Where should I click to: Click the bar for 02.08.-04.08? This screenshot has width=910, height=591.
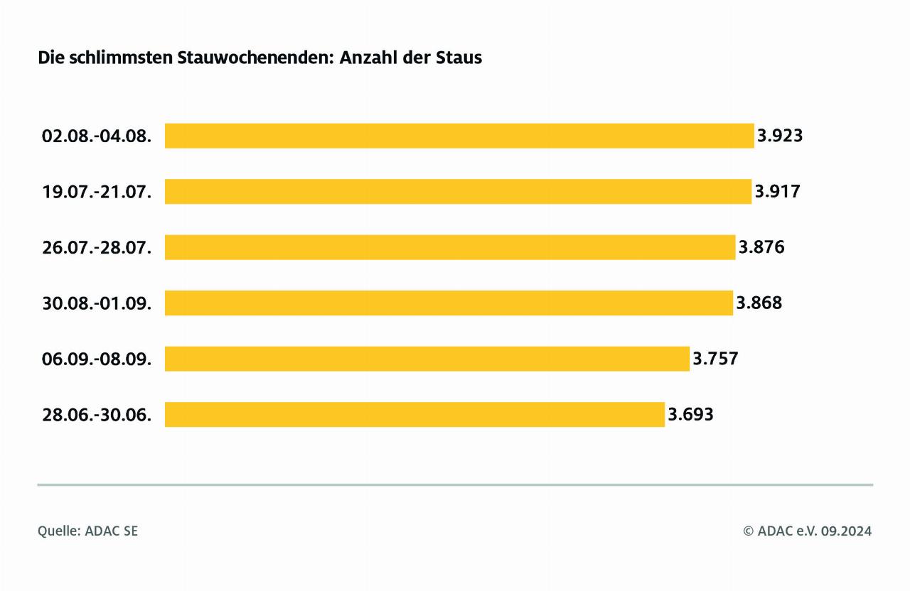tap(459, 136)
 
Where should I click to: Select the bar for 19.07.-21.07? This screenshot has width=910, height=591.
tap(458, 191)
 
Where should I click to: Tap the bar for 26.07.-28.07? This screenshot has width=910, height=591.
tap(449, 247)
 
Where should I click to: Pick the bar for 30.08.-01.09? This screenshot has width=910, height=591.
tap(449, 303)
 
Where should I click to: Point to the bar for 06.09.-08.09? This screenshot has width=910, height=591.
tap(427, 359)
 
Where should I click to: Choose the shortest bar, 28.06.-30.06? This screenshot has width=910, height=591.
tap(414, 414)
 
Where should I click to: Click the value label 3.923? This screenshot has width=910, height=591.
tap(780, 136)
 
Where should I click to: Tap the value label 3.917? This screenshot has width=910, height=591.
tap(777, 191)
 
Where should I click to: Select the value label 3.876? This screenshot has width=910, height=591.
tap(761, 247)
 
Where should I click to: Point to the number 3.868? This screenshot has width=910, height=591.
tap(759, 303)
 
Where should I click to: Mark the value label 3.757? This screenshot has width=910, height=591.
tap(715, 359)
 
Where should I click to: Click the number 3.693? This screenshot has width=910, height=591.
tap(690, 414)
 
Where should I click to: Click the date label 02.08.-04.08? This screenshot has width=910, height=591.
tap(97, 136)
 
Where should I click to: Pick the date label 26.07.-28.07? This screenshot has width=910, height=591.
tap(97, 247)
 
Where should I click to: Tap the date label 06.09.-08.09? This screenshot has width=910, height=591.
tap(97, 359)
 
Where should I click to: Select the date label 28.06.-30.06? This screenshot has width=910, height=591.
tap(97, 414)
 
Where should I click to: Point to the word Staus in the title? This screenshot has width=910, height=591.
tap(461, 58)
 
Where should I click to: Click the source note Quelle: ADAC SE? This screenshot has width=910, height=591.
tap(87, 531)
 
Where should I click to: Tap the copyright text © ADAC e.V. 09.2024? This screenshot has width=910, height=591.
tap(807, 531)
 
